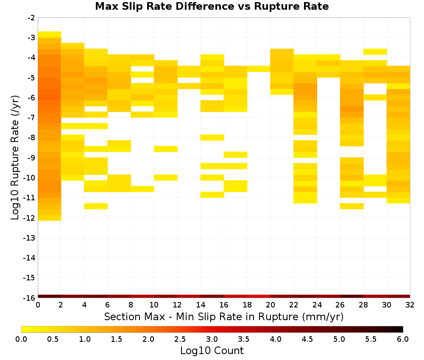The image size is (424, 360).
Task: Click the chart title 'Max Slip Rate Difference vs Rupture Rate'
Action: coord(212,6)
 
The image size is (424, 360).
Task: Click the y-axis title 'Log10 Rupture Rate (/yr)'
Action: coord(15,158)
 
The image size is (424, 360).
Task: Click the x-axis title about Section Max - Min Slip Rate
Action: coord(223,317)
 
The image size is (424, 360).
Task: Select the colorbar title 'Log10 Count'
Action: coord(212,351)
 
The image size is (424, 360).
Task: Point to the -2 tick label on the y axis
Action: coord(31,18)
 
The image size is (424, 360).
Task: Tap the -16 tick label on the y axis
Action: coord(30,298)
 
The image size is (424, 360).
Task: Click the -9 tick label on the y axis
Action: coord(31,158)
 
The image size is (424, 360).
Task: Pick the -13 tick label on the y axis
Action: coord(30,238)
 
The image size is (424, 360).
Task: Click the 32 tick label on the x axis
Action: coord(410,305)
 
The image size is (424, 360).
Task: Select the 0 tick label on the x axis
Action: coord(38,305)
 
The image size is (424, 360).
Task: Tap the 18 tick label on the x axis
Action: coord(247,305)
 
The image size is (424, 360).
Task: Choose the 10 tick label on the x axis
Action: coord(154,305)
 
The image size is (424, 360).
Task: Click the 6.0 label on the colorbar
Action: coord(403,339)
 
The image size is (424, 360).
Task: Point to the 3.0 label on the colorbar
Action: coord(212,339)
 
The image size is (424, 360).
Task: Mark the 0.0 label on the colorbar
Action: coord(21,339)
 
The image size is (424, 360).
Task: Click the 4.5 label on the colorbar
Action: coord(307,339)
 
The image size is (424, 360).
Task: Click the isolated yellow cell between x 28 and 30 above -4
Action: coord(375,52)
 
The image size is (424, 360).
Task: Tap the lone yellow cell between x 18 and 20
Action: coord(259,69)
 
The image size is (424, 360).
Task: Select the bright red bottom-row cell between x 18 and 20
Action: coord(259,296)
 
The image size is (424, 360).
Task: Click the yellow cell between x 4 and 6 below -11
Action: coord(96,206)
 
